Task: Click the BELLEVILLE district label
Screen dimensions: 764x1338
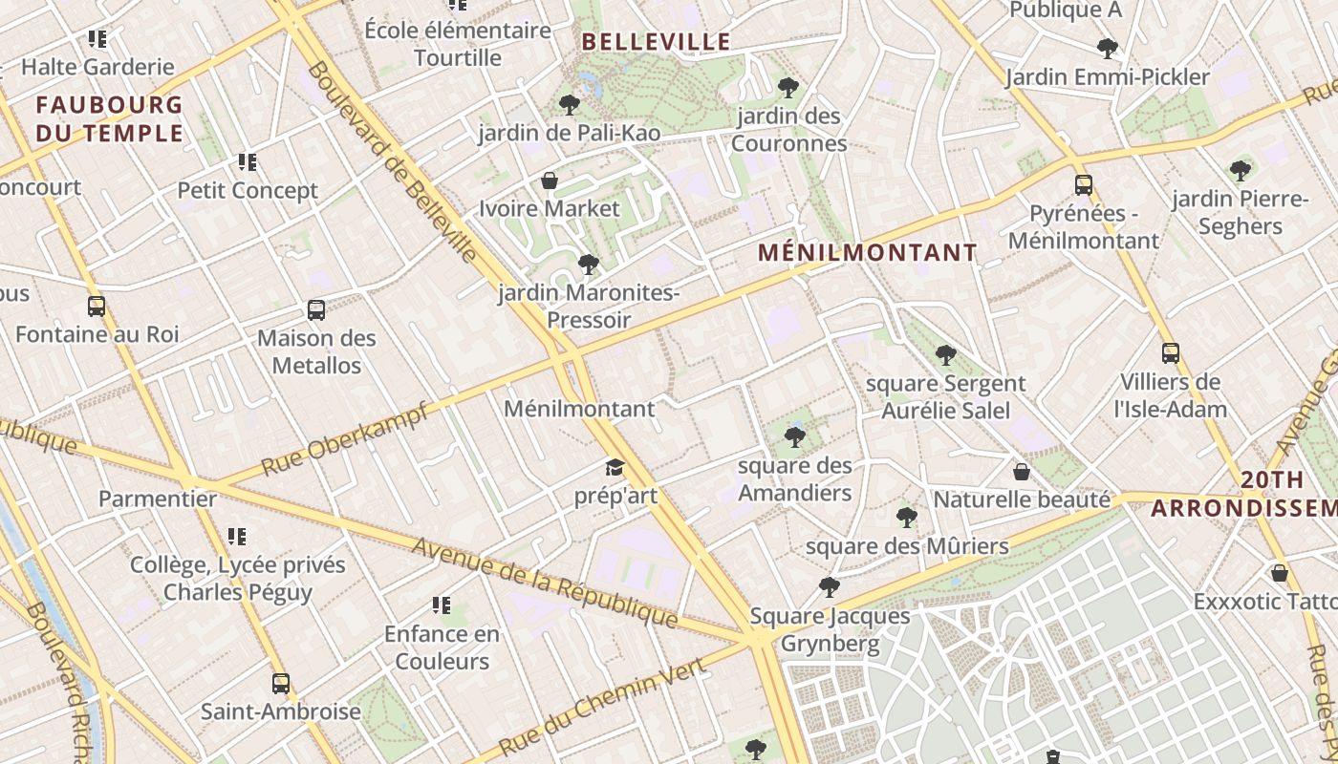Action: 656,42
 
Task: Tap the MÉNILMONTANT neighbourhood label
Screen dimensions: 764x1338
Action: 868,253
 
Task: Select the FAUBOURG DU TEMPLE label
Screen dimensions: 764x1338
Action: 109,118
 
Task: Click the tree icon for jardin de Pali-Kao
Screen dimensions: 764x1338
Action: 570,105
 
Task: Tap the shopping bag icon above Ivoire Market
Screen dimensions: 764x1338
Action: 550,180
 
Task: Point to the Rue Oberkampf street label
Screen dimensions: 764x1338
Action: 343,438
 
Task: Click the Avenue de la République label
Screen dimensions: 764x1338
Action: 545,583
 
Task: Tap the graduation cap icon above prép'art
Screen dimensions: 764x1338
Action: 614,468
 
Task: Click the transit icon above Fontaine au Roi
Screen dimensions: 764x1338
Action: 97,307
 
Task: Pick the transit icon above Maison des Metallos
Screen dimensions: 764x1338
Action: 316,309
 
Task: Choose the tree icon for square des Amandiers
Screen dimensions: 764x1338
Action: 794,437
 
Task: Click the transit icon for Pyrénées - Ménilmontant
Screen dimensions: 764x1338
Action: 1083,184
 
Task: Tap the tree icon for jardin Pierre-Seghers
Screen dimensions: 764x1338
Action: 1241,171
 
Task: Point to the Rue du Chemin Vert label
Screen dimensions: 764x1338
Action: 602,705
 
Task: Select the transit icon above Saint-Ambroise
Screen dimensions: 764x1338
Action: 280,683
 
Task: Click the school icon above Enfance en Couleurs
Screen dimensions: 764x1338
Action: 441,605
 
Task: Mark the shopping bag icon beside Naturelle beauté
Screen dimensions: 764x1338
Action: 1022,472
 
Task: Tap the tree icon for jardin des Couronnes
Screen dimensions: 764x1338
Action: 788,88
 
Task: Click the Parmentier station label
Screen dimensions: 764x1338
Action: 158,499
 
